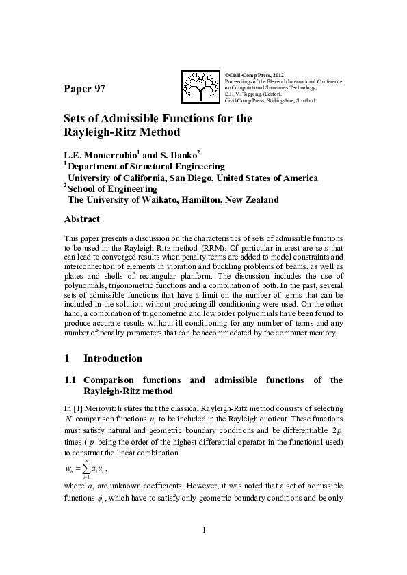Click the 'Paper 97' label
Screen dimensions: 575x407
(85, 89)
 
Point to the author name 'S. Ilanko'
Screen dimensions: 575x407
(180, 154)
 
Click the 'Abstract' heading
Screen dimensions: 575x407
(81, 219)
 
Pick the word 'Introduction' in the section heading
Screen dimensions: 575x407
(113, 359)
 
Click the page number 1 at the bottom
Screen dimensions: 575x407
(203, 550)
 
